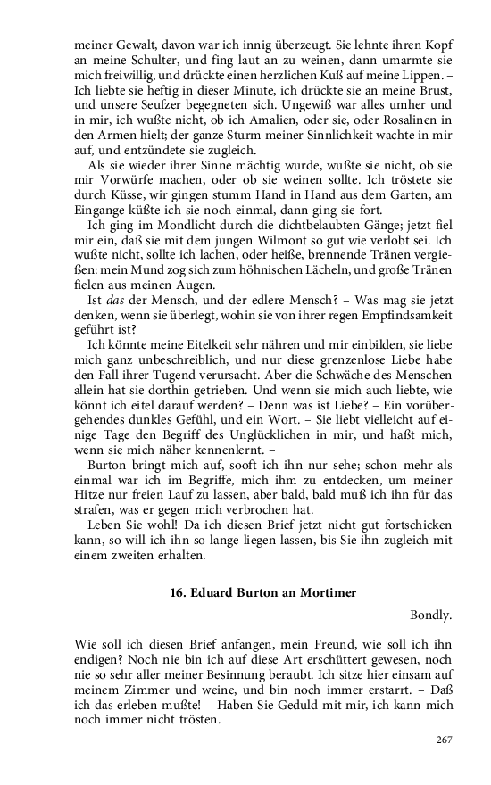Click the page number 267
tap(445, 740)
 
